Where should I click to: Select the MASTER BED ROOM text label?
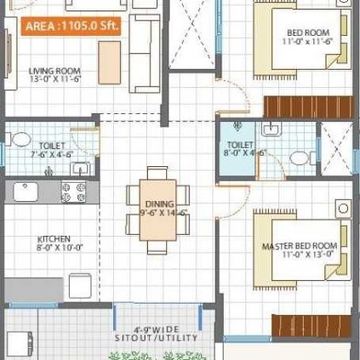(299, 247)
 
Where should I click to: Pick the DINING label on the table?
(158, 204)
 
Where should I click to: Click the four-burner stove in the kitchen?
(73, 190)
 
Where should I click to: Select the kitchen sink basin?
(24, 191)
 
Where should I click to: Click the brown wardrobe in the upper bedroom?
(309, 104)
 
